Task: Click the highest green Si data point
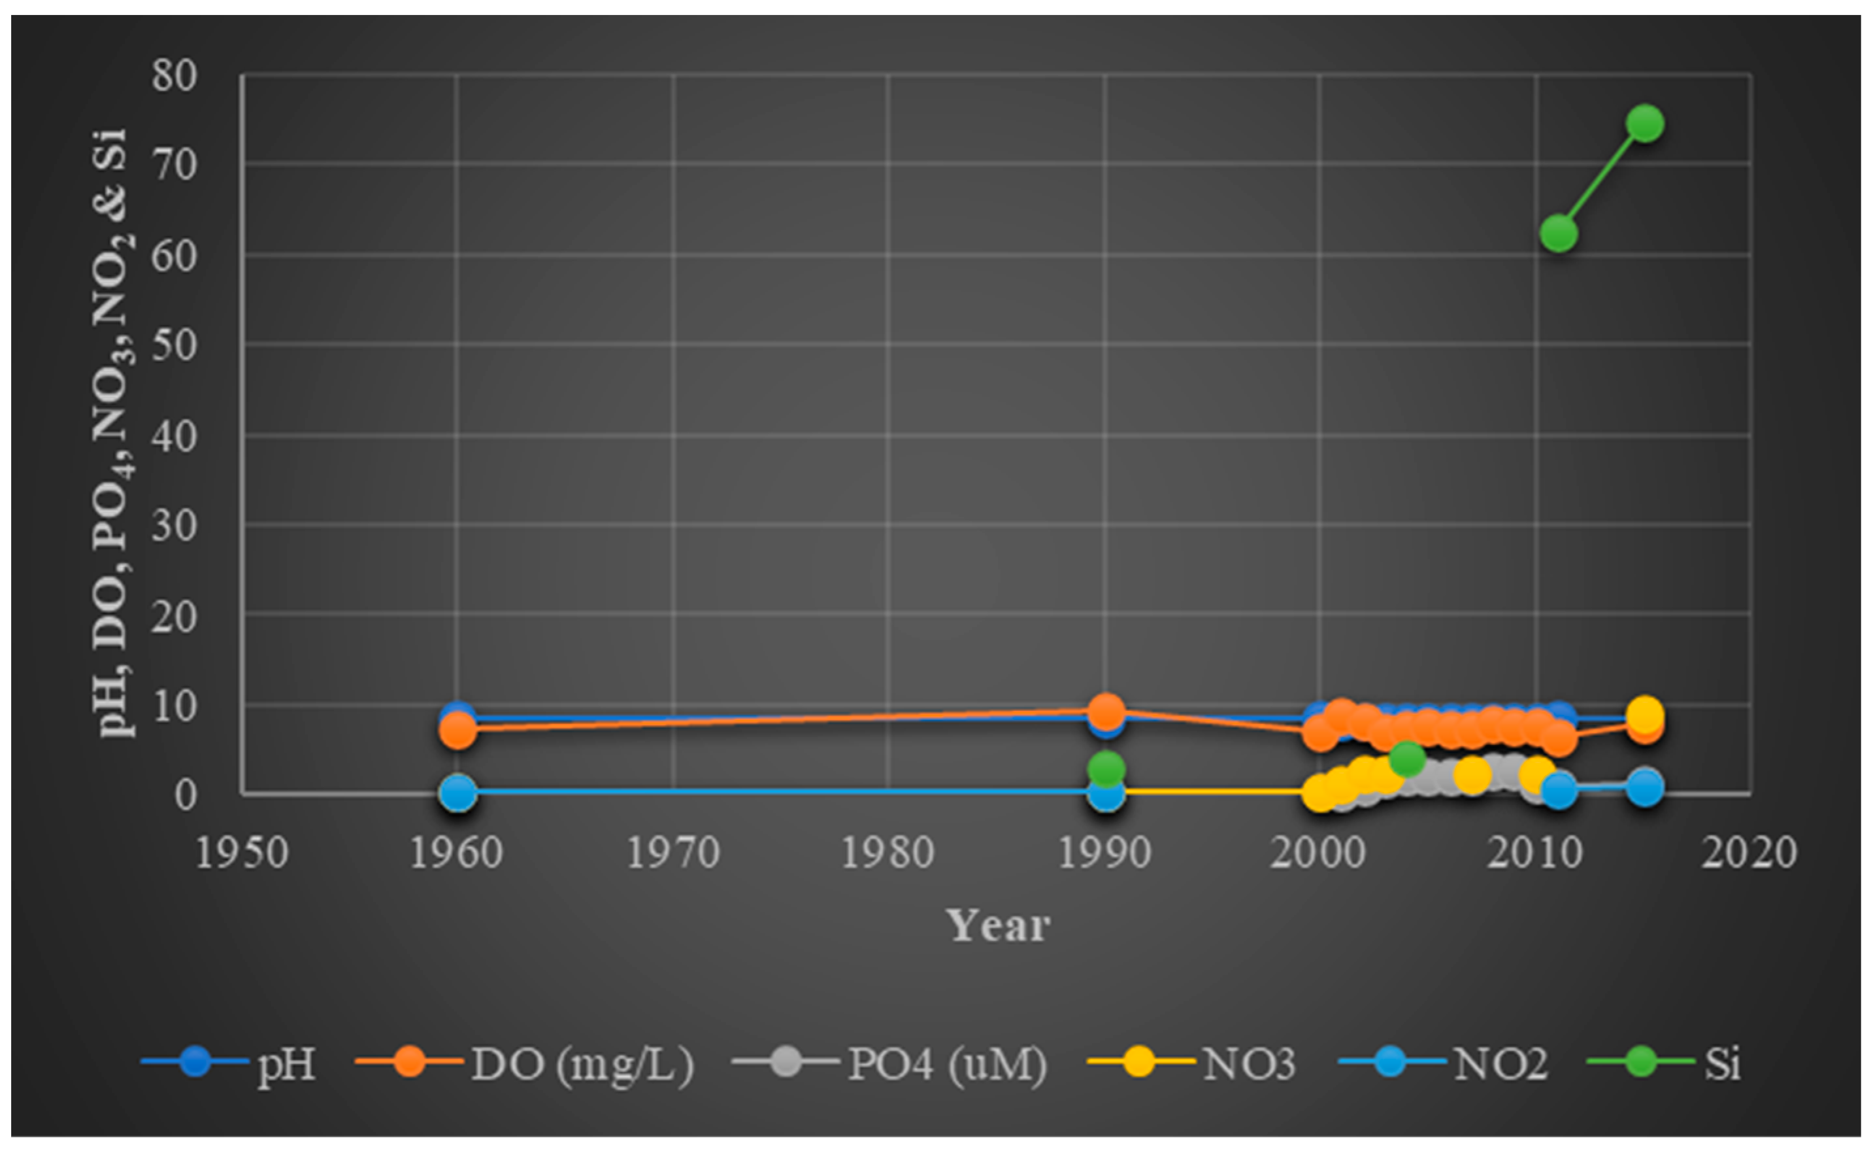1645,124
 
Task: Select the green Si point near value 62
1558,233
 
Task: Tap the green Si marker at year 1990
1105,770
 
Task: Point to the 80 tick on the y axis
174,75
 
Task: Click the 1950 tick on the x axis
242,853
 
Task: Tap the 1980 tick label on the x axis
887,853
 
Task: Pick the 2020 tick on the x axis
1748,853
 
